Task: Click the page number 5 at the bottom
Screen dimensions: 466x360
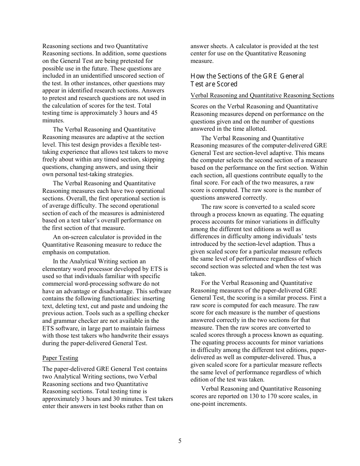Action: (x=180, y=441)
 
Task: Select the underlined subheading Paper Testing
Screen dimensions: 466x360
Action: (x=60, y=358)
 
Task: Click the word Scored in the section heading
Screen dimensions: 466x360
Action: (x=227, y=84)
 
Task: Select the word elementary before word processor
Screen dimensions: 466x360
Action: (x=58, y=269)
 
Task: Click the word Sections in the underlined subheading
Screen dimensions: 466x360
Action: (x=322, y=95)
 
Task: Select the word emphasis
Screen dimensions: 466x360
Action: (x=55, y=252)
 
